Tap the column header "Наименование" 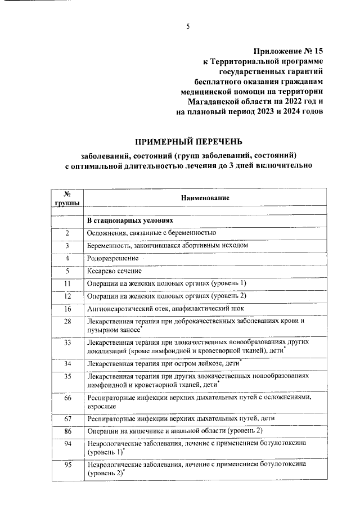[x=205, y=198]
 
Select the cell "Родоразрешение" [x=111, y=258]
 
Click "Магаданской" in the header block [x=215, y=102]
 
